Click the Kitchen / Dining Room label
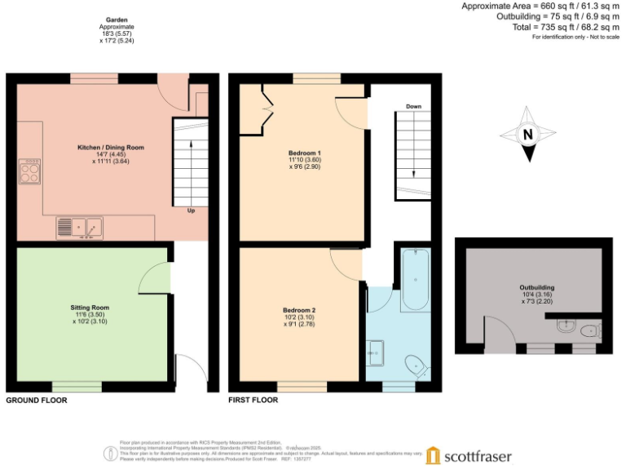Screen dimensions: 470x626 coord(111,148)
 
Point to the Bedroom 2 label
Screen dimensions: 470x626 coord(299,310)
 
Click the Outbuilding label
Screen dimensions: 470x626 coord(536,288)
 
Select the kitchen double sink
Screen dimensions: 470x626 coord(79,227)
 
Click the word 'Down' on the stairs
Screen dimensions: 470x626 coord(413,107)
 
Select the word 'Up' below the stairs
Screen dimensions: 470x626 coord(190,211)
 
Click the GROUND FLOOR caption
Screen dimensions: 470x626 coord(37,401)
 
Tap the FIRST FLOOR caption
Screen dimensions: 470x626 coord(253,401)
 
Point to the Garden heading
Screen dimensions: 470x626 coord(116,20)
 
